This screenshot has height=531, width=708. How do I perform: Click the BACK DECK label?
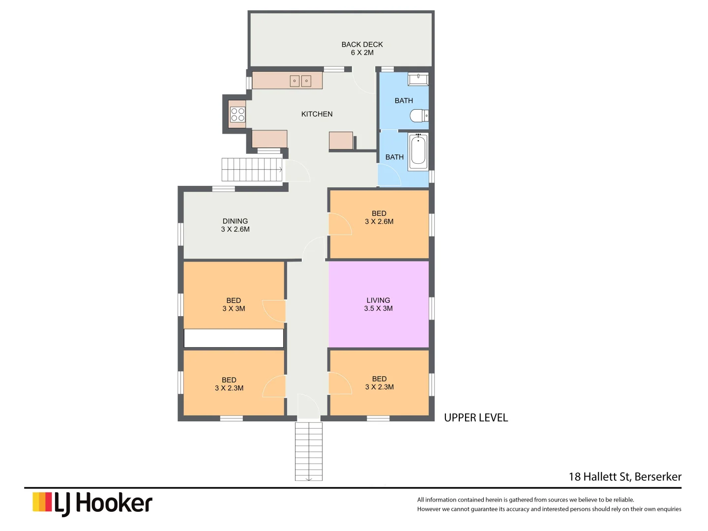(362, 48)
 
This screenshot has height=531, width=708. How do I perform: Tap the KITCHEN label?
(317, 114)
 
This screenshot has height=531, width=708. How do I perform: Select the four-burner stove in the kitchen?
(237, 115)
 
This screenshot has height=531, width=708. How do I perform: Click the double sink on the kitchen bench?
(300, 81)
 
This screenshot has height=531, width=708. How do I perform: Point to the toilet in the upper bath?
(419, 116)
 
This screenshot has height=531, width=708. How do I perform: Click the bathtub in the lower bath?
(418, 151)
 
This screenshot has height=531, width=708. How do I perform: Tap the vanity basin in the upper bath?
(418, 79)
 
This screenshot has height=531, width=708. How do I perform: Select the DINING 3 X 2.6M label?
(235, 225)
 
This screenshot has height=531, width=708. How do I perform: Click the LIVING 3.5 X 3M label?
(378, 304)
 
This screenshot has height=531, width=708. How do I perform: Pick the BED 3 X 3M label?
(234, 304)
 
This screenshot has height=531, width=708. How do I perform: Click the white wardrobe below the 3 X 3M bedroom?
(234, 338)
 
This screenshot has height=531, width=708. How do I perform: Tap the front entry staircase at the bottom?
(308, 451)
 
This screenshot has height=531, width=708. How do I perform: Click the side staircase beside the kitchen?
(252, 170)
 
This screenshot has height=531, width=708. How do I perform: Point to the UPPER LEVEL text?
(475, 418)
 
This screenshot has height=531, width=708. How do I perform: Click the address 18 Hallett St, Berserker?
(625, 476)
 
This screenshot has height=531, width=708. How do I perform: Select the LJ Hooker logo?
(92, 503)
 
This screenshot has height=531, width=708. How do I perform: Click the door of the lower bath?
(389, 175)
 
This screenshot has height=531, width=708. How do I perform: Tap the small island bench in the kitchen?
(341, 141)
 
